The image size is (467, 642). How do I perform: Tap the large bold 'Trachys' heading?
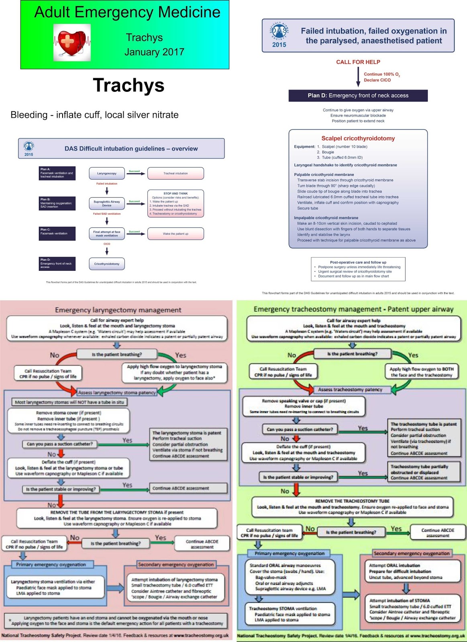pyautogui.click(x=128, y=85)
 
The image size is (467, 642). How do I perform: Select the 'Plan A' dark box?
pyautogui.click(x=57, y=173)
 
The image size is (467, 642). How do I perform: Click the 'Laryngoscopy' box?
pyautogui.click(x=107, y=173)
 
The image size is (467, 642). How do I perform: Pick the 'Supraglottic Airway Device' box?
pyautogui.click(x=107, y=203)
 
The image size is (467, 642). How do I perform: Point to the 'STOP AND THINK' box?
pyautogui.click(x=175, y=203)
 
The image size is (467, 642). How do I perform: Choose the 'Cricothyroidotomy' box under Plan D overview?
pyautogui.click(x=107, y=264)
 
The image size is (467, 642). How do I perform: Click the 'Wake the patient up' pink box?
pyautogui.click(x=175, y=234)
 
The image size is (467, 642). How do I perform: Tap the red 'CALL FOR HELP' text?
pyautogui.click(x=358, y=62)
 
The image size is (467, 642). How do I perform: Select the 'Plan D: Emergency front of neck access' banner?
pyautogui.click(x=358, y=95)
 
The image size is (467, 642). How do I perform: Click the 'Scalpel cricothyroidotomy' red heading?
pyautogui.click(x=358, y=138)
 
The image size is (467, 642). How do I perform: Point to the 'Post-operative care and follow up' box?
pyautogui.click(x=358, y=269)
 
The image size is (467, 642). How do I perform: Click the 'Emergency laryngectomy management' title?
pyautogui.click(x=118, y=310)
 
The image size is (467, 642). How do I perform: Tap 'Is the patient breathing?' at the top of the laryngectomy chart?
pyautogui.click(x=116, y=354)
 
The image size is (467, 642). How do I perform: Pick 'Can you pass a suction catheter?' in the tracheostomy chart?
pyautogui.click(x=300, y=429)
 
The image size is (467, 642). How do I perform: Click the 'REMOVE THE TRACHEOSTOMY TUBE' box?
pyautogui.click(x=352, y=506)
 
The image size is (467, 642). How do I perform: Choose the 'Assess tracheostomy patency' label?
pyautogui.click(x=350, y=389)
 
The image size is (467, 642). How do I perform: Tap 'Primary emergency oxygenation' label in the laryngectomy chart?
pyautogui.click(x=51, y=565)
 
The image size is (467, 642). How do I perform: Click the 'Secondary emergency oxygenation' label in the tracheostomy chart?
pyautogui.click(x=412, y=553)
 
